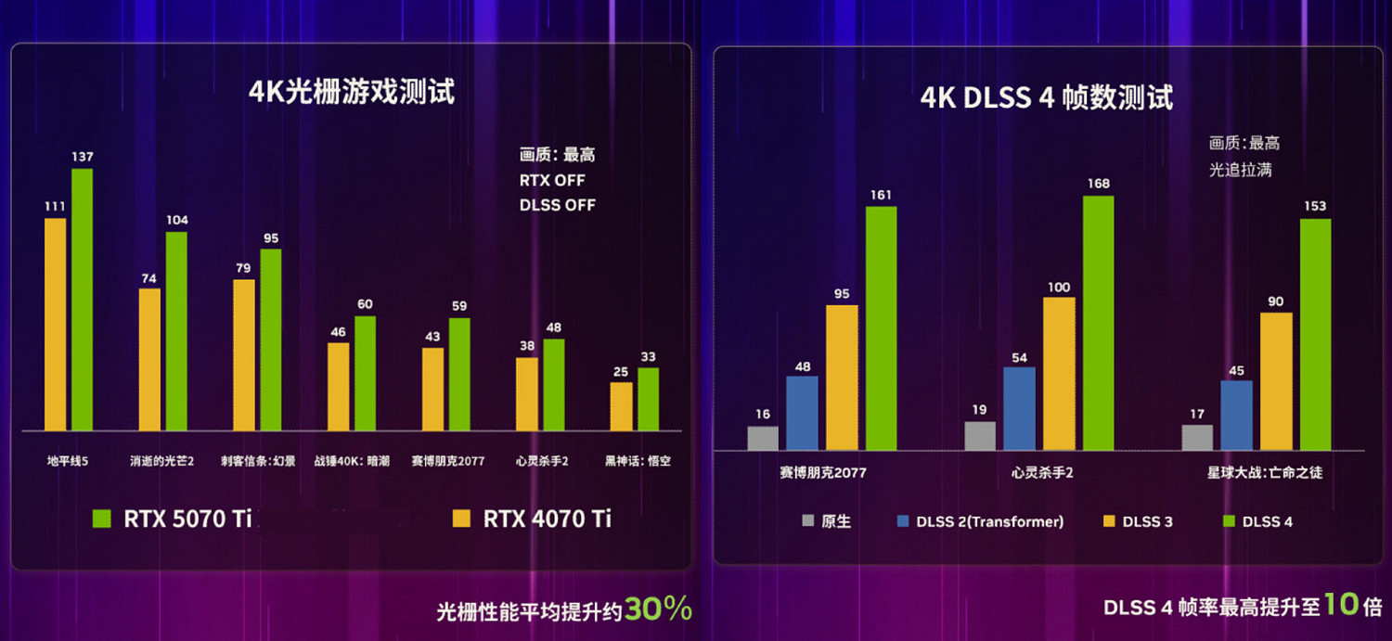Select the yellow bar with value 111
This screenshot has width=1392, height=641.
[56, 324]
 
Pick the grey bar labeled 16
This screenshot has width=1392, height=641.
[763, 438]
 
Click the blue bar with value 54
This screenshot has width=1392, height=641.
[1019, 408]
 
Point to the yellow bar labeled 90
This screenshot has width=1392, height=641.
[1276, 381]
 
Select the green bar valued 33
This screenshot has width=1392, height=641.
[648, 399]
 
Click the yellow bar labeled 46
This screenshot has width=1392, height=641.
[338, 386]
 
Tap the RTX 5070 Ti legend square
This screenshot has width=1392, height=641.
[102, 518]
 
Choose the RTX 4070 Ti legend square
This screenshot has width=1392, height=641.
[461, 518]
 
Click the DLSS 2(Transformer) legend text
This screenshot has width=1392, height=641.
[989, 521]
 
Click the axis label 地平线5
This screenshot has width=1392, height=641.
[68, 460]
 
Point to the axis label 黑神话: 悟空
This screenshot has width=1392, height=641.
[638, 460]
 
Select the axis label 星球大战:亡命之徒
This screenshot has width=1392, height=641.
[1265, 473]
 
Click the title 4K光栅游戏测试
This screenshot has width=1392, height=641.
[352, 93]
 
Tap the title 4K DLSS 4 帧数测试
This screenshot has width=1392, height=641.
[1046, 97]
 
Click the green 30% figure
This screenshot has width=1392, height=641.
[658, 609]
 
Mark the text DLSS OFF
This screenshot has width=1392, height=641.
[558, 205]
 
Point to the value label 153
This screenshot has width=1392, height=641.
[1314, 206]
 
